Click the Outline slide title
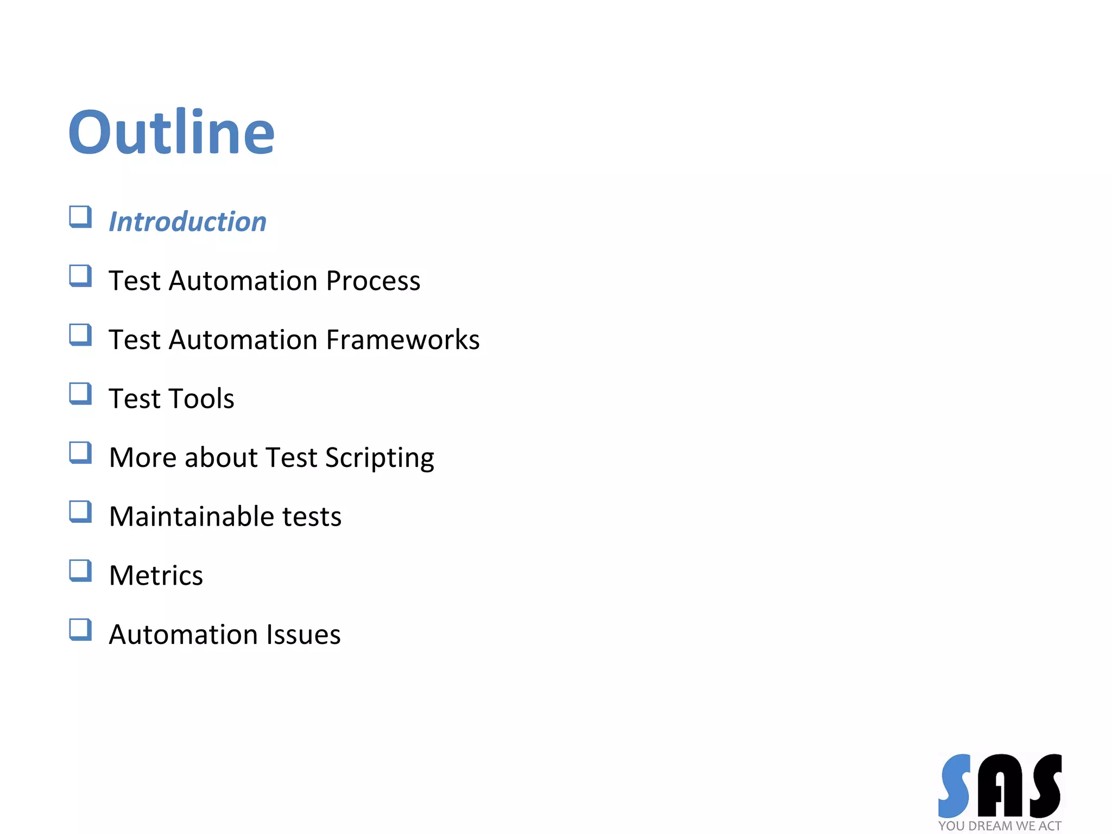click(171, 132)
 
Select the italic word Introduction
click(187, 222)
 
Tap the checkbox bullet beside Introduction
click(80, 217)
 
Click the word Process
click(373, 281)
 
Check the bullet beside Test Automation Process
click(80, 276)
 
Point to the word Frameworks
click(403, 340)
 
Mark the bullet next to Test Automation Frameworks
click(80, 335)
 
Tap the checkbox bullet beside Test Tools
click(80, 394)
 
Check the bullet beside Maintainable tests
click(80, 511)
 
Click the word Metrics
click(156, 576)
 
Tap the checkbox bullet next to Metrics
click(80, 571)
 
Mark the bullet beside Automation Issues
click(80, 630)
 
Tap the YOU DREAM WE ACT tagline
click(1000, 826)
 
